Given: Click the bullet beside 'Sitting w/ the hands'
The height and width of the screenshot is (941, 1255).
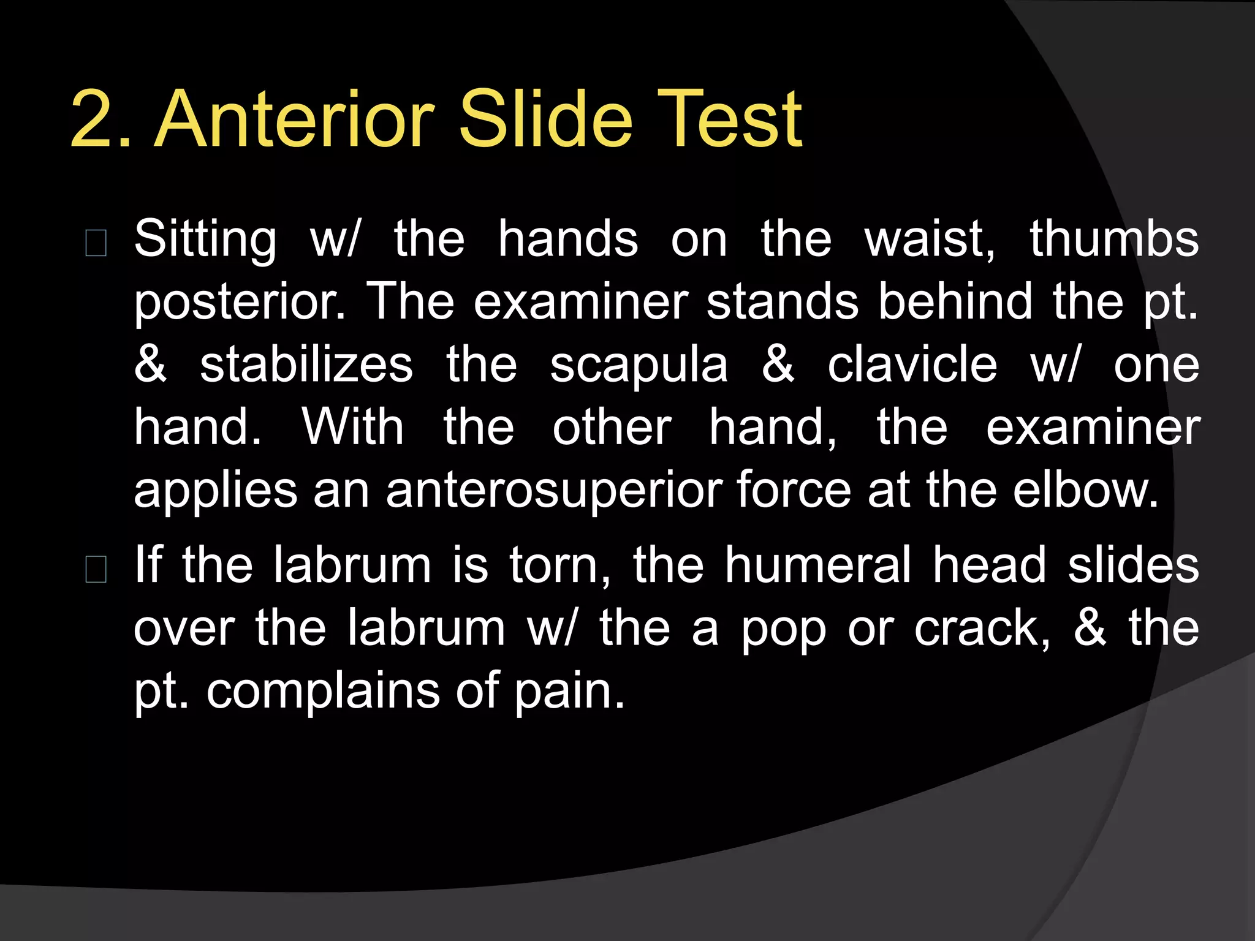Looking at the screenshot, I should click(x=96, y=243).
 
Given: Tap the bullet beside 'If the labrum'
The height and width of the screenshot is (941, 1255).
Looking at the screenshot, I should click(x=96, y=569).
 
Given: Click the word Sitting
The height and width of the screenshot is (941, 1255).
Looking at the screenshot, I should click(x=205, y=239).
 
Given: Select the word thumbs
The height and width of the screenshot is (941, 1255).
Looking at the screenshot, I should click(x=1113, y=239).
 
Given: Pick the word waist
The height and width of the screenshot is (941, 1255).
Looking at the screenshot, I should click(x=929, y=239).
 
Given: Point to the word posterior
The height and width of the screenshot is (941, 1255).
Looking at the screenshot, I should click(x=240, y=303).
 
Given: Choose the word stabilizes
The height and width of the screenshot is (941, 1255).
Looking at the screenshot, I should click(x=306, y=365).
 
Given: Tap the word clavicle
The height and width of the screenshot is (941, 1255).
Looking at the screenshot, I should click(x=912, y=365).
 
